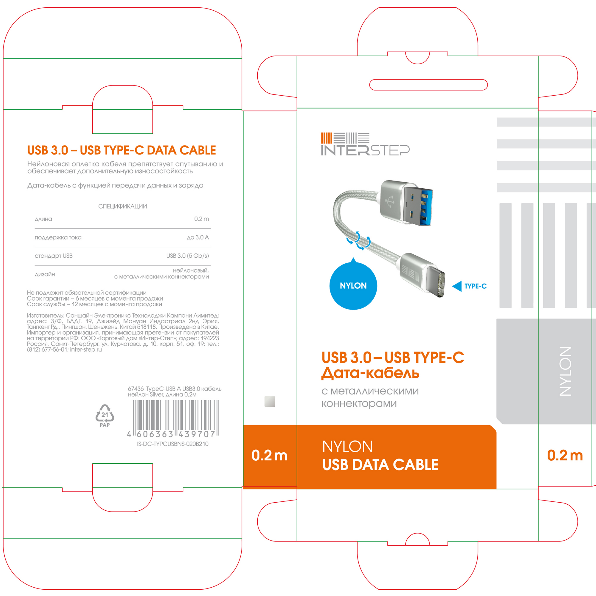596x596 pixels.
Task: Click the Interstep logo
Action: point(365,144)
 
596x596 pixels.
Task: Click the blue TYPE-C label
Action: point(475,286)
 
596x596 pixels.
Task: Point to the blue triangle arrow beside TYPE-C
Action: point(457,286)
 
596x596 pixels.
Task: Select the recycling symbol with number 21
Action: point(105,415)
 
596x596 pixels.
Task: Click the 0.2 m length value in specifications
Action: point(201,219)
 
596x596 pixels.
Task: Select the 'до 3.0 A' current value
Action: point(198,237)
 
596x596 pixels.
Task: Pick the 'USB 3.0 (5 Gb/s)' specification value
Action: point(188,256)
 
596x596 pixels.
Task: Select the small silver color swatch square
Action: point(270,401)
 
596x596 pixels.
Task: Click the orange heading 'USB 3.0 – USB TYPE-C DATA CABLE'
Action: point(122,150)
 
